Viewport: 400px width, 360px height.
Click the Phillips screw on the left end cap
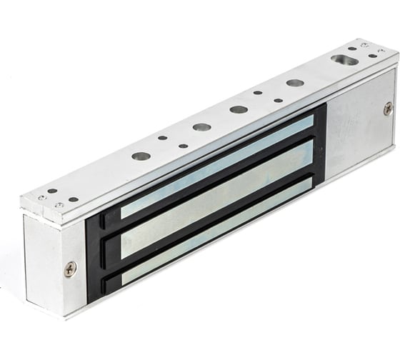pos(70,269)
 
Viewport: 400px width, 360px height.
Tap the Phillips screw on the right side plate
pos(387,109)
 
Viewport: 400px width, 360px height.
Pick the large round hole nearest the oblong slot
pos(295,83)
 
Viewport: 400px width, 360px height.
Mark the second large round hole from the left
pos(201,127)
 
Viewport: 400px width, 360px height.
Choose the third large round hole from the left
pos(239,110)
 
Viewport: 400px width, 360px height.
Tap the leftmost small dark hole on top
pos(52,191)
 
